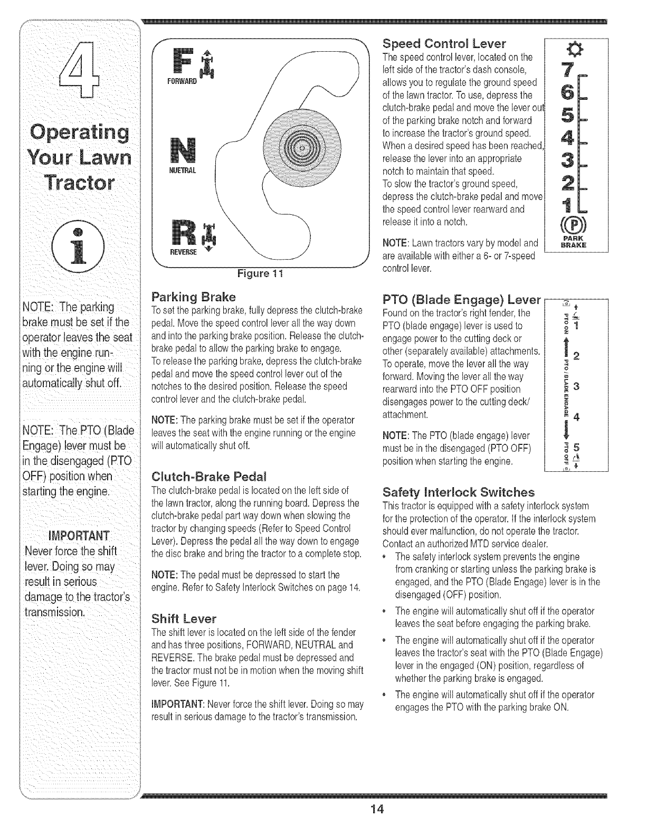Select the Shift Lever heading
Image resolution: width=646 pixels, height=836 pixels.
(183, 617)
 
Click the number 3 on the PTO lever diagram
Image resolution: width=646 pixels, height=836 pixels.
(577, 386)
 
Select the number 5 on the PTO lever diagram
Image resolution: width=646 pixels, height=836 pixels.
(577, 446)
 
